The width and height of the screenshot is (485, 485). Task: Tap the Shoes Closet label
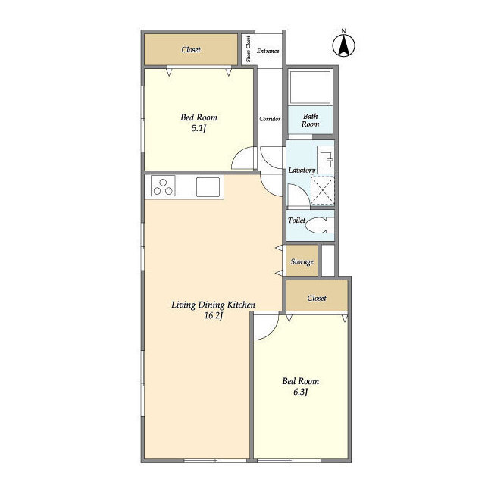(248, 48)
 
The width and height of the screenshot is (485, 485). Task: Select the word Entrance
(268, 51)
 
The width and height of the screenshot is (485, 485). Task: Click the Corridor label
(270, 119)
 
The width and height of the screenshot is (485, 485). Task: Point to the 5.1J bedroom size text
(199, 128)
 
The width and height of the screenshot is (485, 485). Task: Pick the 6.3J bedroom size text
(300, 393)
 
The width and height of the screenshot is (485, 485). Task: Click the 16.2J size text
(214, 316)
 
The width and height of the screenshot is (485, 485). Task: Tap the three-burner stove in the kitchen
(163, 186)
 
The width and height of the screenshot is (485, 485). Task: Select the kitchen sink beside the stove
(208, 187)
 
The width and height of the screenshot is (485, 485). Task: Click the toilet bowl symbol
(318, 225)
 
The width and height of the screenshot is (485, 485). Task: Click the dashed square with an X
(322, 190)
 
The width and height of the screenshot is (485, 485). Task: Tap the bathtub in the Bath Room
(310, 88)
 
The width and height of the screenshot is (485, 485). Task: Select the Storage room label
(302, 262)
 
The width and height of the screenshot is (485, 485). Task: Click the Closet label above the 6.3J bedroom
(317, 298)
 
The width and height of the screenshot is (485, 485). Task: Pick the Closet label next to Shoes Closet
(191, 49)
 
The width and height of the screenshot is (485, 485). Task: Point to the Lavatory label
(302, 170)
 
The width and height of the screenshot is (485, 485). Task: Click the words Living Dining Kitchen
(214, 305)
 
